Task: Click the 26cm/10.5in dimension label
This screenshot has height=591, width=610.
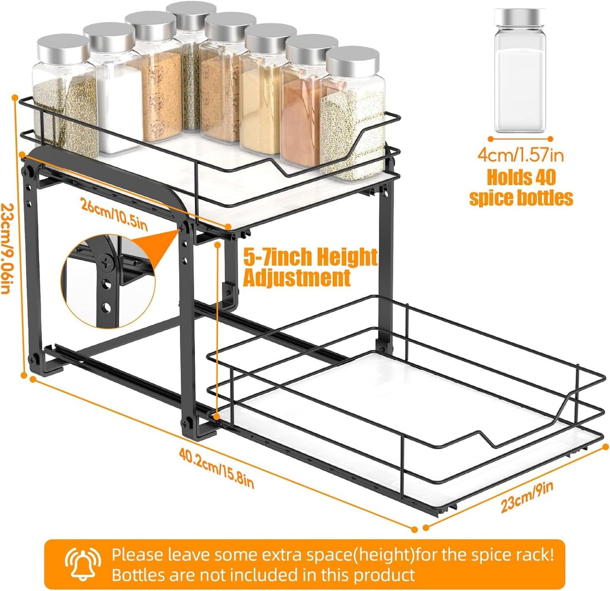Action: pos(114,215)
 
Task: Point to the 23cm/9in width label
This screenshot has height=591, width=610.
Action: pos(526,497)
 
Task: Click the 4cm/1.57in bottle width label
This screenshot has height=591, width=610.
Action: pos(521,155)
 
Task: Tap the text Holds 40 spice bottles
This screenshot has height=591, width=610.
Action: pos(521,188)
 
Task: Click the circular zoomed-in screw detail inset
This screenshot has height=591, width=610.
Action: pos(108,281)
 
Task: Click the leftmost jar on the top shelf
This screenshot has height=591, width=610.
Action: pos(63,97)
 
